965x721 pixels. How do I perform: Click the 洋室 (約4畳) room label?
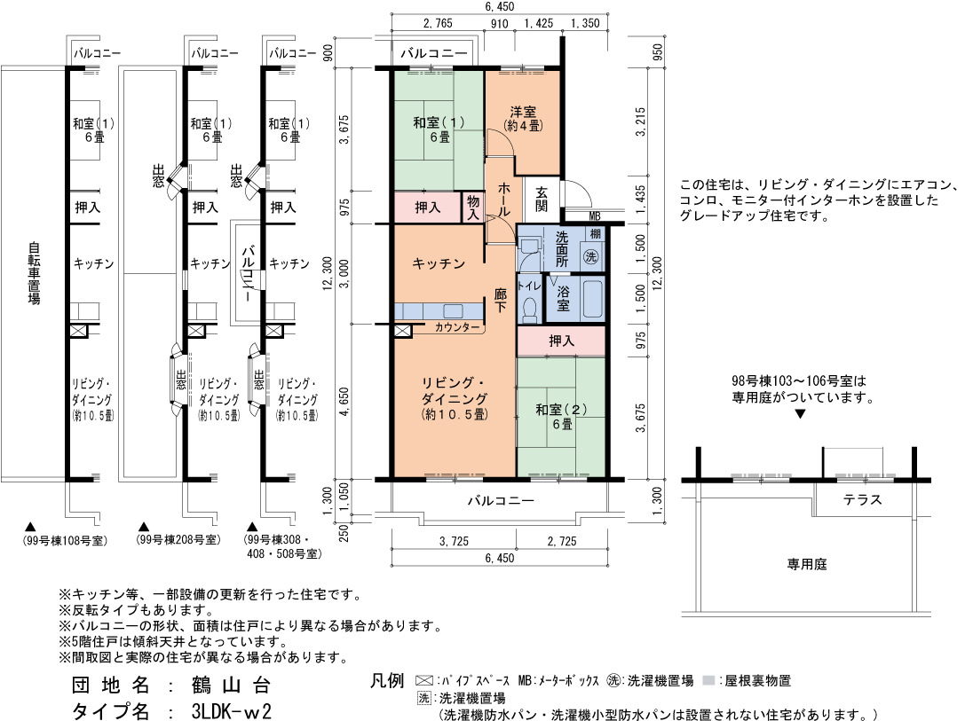pyautogui.click(x=523, y=119)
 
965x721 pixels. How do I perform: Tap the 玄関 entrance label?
pyautogui.click(x=541, y=199)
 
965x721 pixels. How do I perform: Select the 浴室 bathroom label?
pyautogui.click(x=563, y=299)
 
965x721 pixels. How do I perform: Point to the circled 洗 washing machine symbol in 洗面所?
pyautogui.click(x=591, y=256)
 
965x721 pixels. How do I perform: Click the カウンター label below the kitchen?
pyautogui.click(x=456, y=327)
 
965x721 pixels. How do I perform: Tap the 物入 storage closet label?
pyautogui.click(x=472, y=208)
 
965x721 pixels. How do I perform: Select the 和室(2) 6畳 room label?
pyautogui.click(x=561, y=416)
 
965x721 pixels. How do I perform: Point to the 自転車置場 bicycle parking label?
pyautogui.click(x=34, y=273)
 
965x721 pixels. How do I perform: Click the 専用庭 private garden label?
pyautogui.click(x=807, y=564)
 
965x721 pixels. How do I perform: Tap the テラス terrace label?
pyautogui.click(x=862, y=499)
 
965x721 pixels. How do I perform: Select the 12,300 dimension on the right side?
pyautogui.click(x=657, y=274)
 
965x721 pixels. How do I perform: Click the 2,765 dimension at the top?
pyautogui.click(x=438, y=23)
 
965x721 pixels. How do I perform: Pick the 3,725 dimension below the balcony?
pyautogui.click(x=454, y=541)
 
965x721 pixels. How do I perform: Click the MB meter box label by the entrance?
pyautogui.click(x=595, y=216)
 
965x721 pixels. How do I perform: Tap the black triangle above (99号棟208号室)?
pyautogui.click(x=144, y=527)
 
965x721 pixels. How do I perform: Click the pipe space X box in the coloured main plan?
pyautogui.click(x=402, y=332)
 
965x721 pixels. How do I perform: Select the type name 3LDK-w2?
pyautogui.click(x=232, y=711)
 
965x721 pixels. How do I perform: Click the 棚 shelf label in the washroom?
pyautogui.click(x=595, y=233)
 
